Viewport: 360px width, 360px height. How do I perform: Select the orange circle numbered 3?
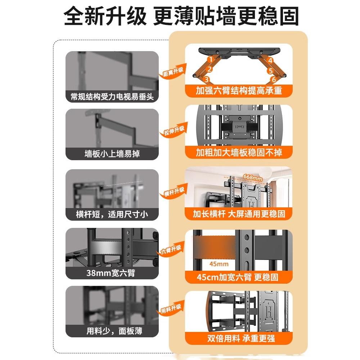point(206,79)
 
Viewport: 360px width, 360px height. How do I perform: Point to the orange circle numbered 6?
point(271,70)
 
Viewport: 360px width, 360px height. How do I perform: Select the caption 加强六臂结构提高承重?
point(239,91)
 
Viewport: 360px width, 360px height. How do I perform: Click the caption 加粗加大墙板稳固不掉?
point(239,152)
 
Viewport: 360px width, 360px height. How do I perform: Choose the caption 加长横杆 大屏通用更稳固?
point(239,214)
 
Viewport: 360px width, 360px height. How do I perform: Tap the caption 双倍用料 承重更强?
point(239,339)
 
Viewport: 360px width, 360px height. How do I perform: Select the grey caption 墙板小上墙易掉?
point(112,154)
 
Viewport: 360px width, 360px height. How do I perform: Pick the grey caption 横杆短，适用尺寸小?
point(112,215)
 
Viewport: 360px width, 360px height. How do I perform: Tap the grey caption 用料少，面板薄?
point(112,331)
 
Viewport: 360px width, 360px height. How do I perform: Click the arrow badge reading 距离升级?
point(173,72)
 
